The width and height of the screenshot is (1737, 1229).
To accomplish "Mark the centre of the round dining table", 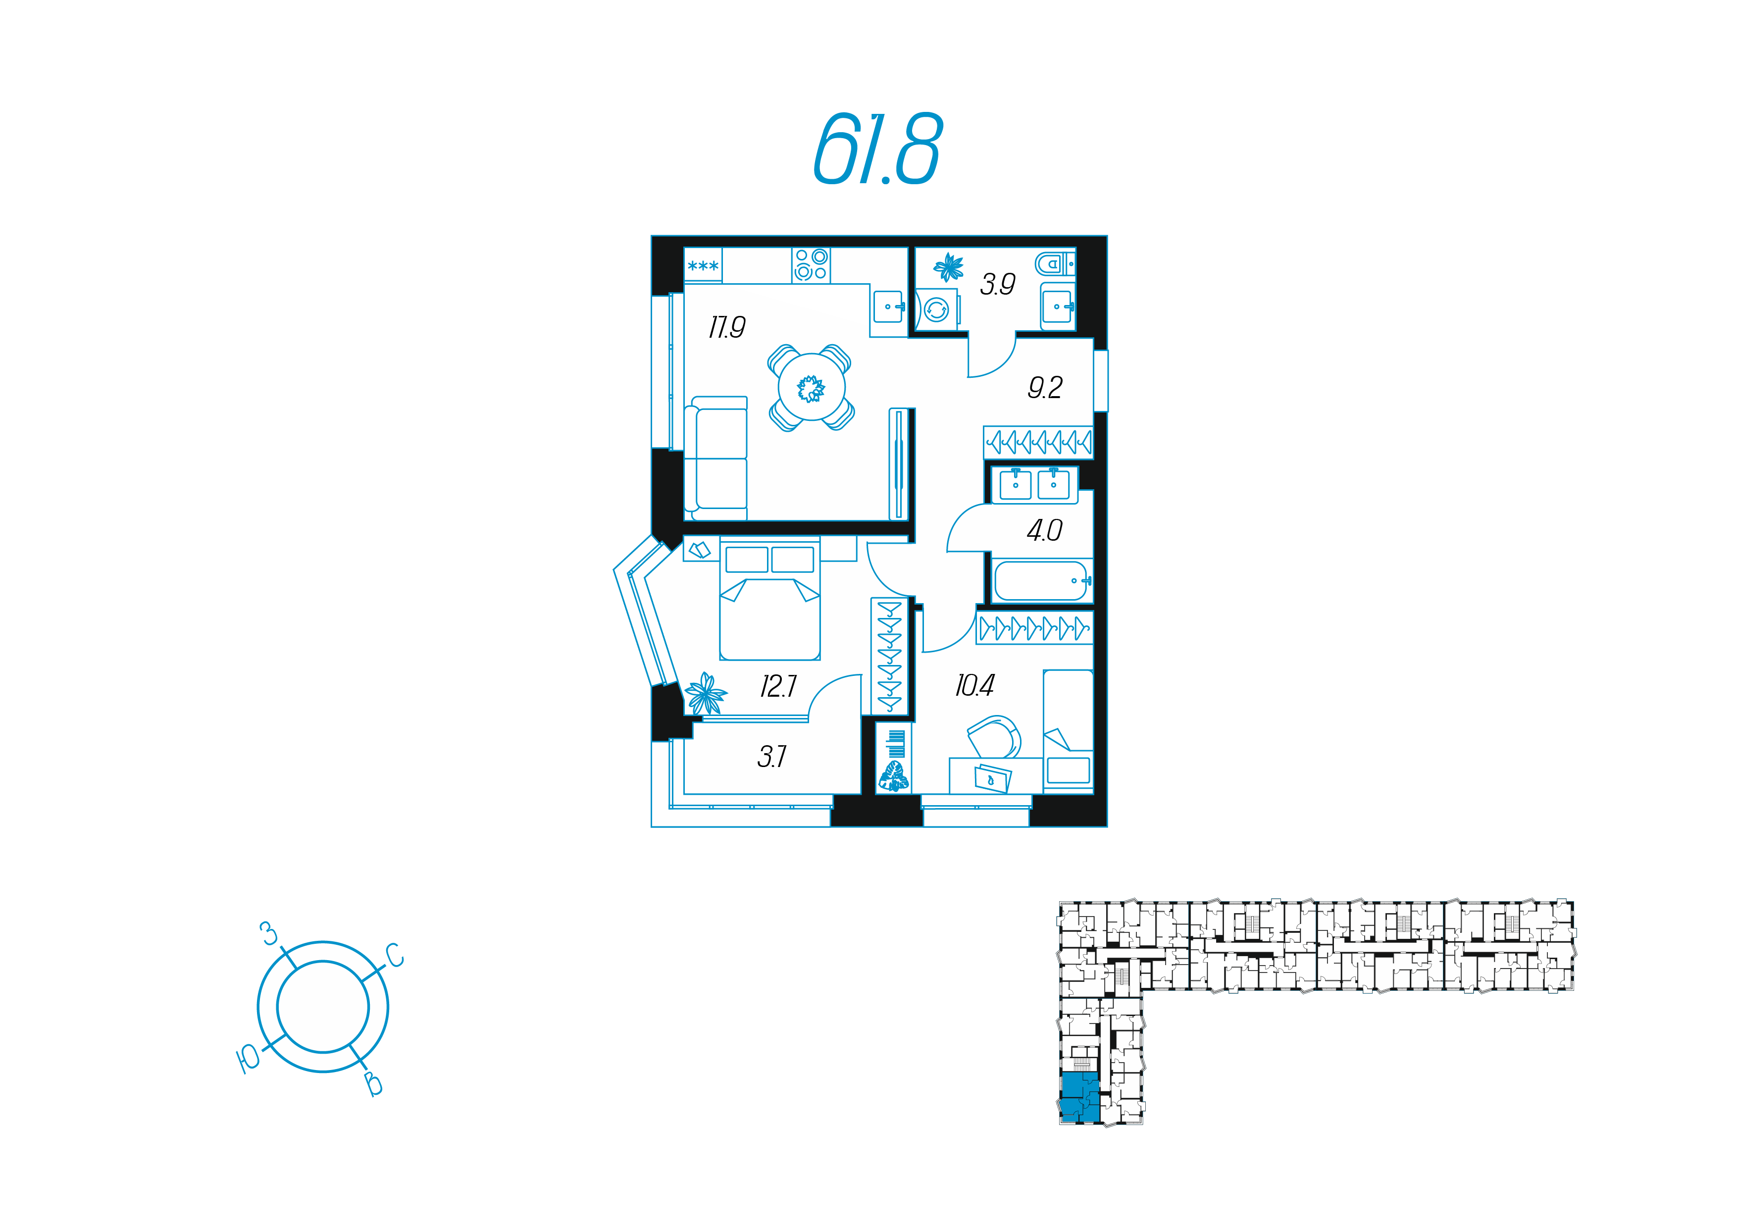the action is [x=812, y=388].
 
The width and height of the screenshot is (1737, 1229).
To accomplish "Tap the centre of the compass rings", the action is [x=323, y=1007].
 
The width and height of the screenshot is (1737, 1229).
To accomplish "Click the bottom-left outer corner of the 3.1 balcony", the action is [x=652, y=826].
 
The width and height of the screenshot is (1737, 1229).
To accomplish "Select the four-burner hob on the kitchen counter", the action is [x=811, y=265].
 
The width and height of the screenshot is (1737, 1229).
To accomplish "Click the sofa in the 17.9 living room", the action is [x=715, y=458].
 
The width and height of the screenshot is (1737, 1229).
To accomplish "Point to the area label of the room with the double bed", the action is [x=778, y=686].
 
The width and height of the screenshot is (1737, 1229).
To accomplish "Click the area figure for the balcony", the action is [x=772, y=756].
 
